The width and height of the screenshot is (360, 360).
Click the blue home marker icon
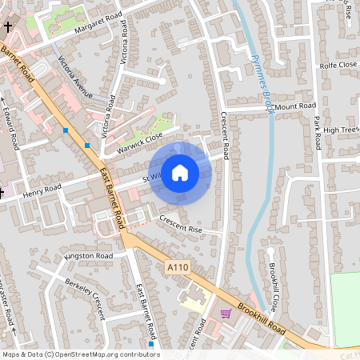click(x=180, y=173)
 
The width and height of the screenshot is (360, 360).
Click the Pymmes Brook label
click(x=262, y=84)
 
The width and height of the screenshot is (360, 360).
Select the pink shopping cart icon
click(x=226, y=314)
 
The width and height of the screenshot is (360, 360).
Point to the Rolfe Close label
click(x=338, y=66)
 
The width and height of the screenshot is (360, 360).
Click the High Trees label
click(x=342, y=129)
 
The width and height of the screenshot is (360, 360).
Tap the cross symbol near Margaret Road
click(x=7, y=27)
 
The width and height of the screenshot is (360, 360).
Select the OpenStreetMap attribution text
click(x=80, y=354)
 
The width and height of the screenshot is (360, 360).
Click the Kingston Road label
click(x=90, y=256)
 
